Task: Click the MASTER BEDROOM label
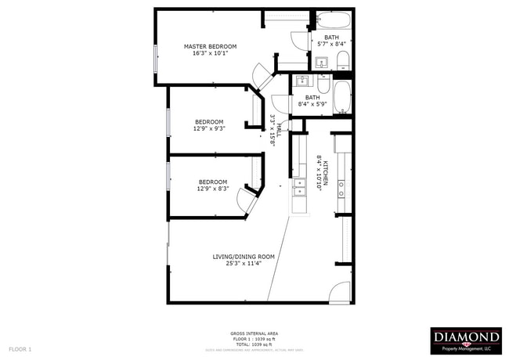pos(210,47)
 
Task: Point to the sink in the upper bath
pos(322,62)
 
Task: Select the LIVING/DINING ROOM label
pos(244,256)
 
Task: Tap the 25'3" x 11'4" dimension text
pos(244,264)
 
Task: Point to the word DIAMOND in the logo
pos(467,337)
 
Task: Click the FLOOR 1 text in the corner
pos(20,347)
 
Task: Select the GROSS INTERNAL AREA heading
pos(254,333)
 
